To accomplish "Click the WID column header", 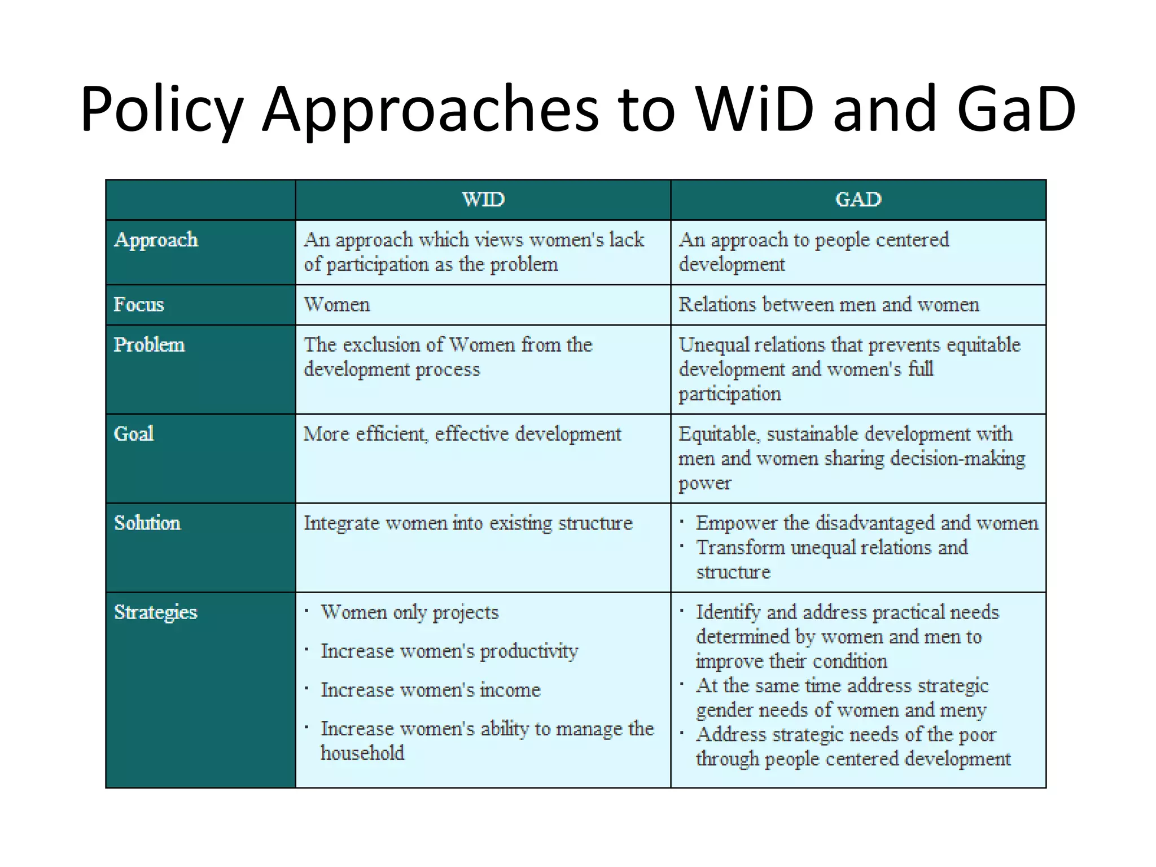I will [483, 199].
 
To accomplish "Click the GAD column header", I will [858, 199].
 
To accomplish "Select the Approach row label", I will [156, 240].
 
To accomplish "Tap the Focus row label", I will [139, 305].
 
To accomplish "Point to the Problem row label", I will [149, 345].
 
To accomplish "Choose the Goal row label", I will [134, 434].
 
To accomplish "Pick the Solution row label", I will [147, 523].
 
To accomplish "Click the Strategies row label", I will [156, 612].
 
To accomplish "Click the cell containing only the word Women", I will [337, 305].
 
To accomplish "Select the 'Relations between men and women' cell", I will [829, 305].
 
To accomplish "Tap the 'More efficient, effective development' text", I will [462, 434].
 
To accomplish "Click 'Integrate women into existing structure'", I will [468, 523].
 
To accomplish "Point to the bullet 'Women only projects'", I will [410, 612].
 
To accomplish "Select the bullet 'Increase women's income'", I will [431, 690].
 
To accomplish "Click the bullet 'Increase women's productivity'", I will [449, 651].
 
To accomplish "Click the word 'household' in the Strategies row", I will [362, 753].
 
